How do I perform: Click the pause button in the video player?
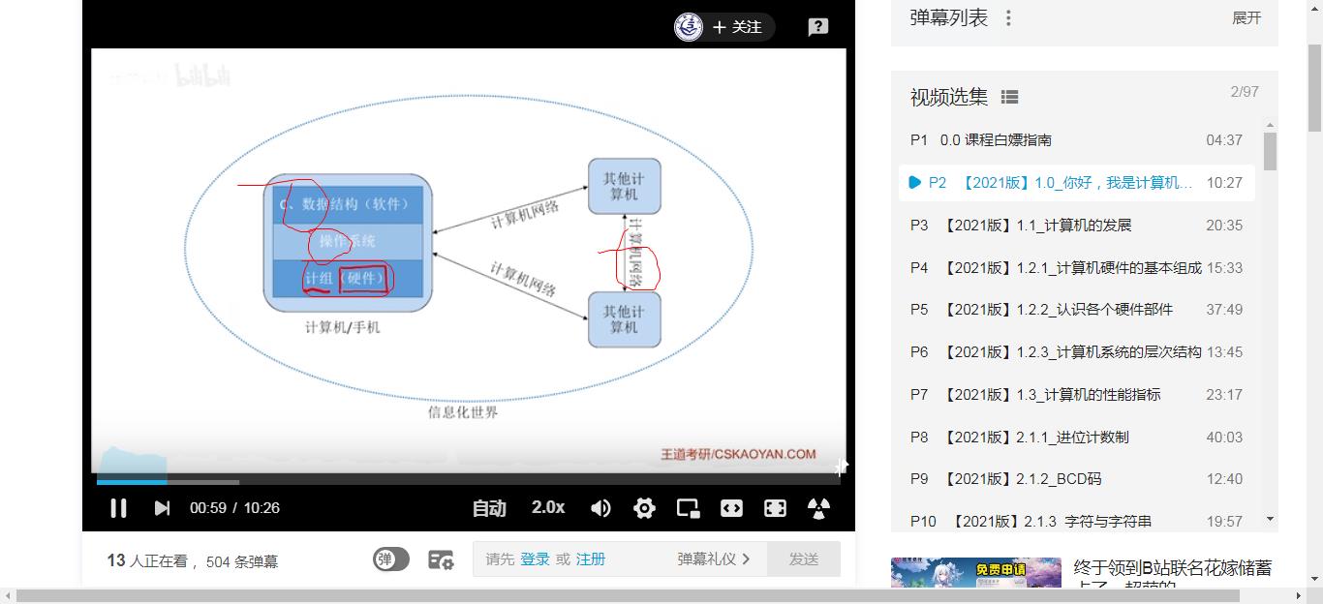coord(118,508)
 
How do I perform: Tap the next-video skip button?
coord(162,508)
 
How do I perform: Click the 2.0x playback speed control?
coord(548,507)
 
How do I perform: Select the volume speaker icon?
coord(600,508)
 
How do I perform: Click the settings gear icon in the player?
coord(644,508)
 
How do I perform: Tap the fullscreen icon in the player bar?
coord(775,508)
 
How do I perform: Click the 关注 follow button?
coord(737,27)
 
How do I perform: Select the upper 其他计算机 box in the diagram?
coord(624,186)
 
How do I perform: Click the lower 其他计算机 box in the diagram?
coord(624,319)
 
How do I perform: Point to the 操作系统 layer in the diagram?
coord(348,241)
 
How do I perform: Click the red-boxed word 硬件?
coord(365,279)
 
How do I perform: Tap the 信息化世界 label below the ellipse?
coord(463,412)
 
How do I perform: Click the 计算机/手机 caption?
coord(343,327)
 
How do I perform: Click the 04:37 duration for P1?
coord(1223,140)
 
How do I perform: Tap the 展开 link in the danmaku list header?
coord(1246,18)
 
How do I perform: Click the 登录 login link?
coord(535,559)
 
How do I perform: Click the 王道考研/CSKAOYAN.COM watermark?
coord(738,454)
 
